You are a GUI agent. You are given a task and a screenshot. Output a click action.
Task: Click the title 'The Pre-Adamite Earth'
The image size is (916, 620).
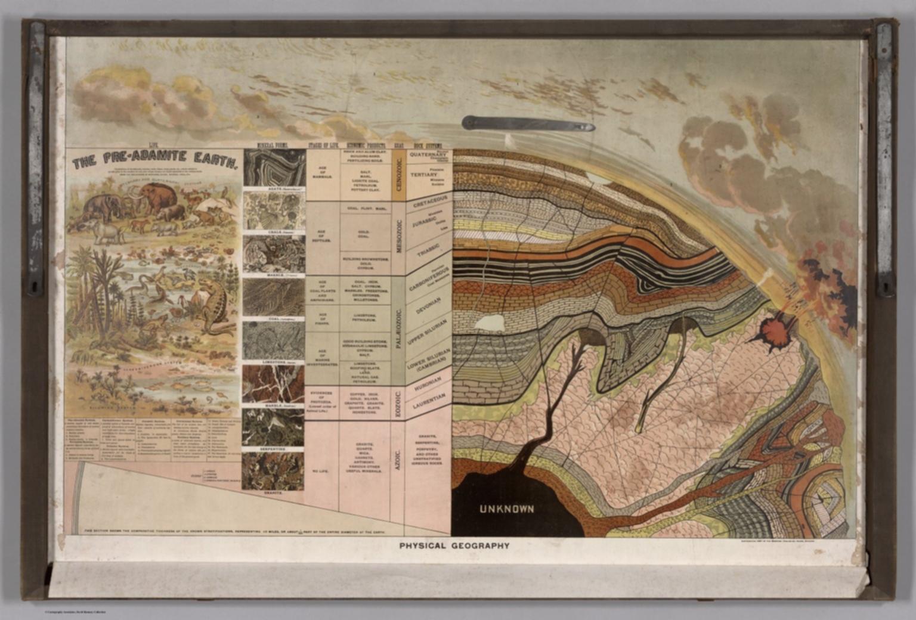(x=155, y=159)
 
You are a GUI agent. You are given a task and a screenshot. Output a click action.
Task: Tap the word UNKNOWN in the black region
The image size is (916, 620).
(x=506, y=509)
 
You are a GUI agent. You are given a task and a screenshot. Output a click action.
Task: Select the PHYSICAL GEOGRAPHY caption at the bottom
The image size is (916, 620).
(x=454, y=545)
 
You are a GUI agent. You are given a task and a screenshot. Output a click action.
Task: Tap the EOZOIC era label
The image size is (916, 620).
(x=398, y=403)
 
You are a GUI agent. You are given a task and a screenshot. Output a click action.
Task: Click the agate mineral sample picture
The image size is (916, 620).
(x=274, y=168)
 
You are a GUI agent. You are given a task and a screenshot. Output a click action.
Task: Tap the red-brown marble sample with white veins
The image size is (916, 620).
(x=273, y=384)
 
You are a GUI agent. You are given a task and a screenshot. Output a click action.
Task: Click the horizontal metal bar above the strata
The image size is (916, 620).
(x=528, y=124)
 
